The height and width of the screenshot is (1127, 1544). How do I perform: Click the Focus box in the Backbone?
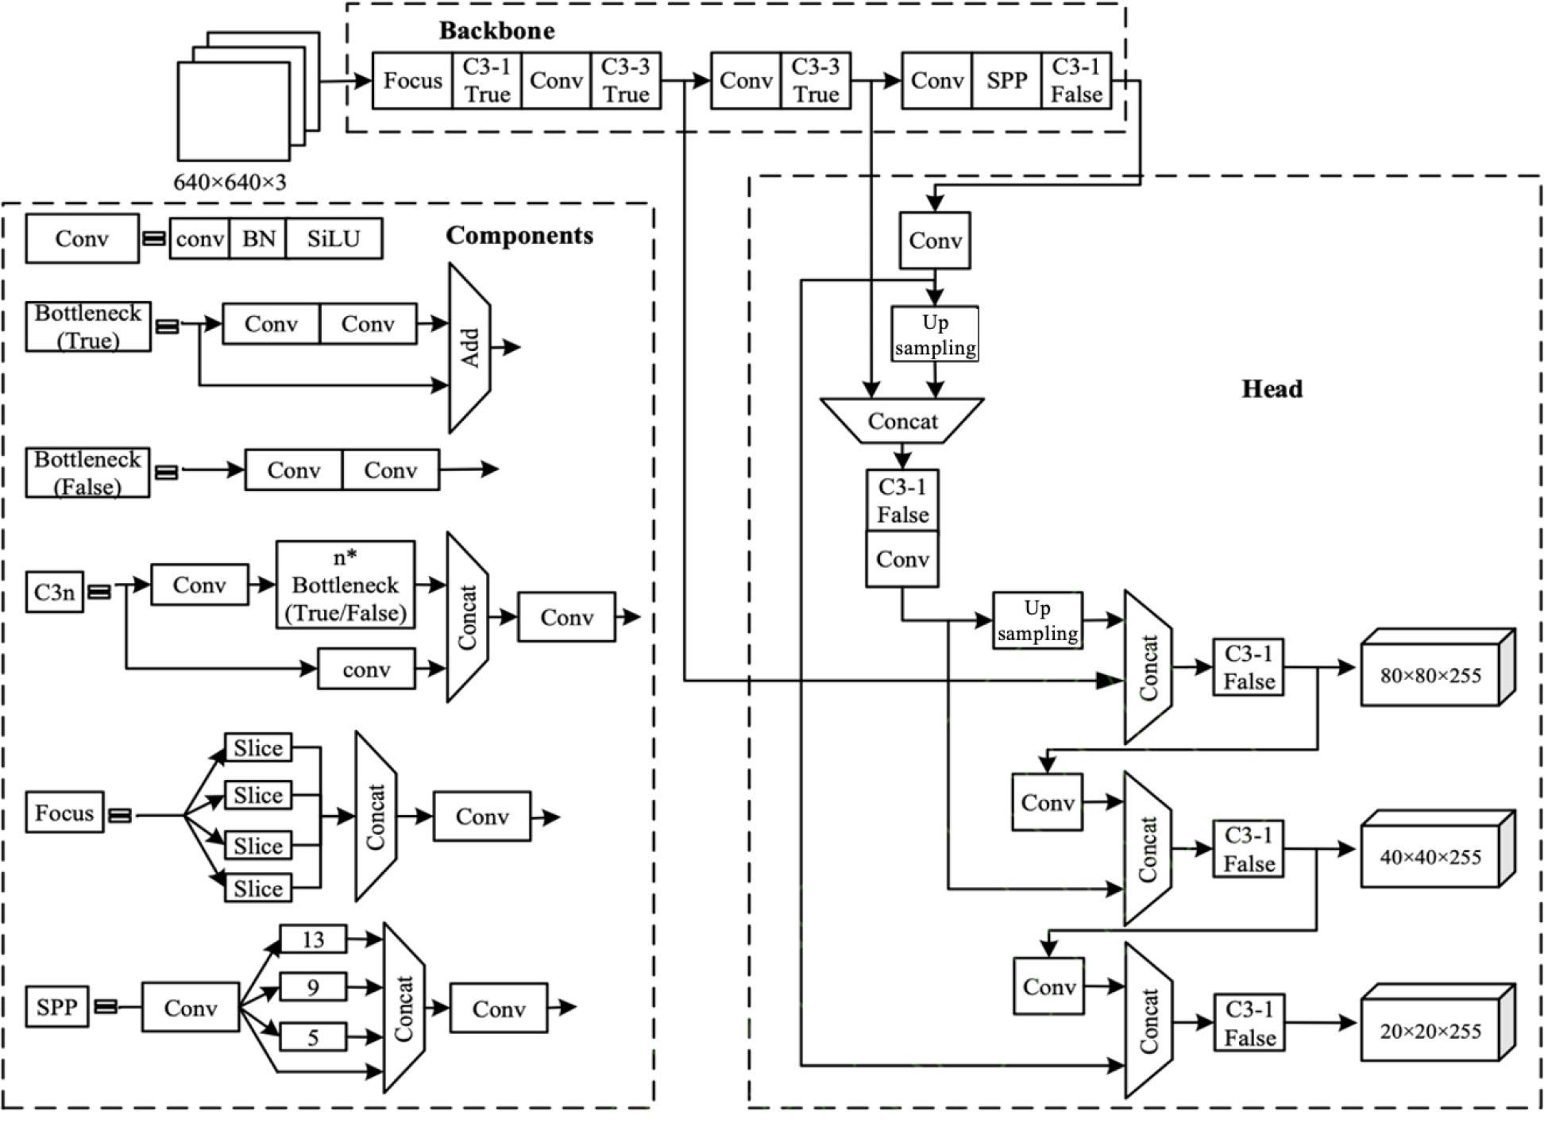click(x=412, y=80)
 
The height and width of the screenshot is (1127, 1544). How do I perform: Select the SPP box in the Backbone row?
click(x=1006, y=80)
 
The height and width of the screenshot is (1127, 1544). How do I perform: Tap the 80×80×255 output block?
click(x=1430, y=676)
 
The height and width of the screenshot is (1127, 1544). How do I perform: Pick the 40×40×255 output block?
click(x=1430, y=857)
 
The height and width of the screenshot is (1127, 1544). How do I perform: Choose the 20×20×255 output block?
click(x=1430, y=1031)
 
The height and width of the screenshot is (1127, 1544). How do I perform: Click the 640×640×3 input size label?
click(x=230, y=182)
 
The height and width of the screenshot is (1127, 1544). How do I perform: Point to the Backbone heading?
click(x=497, y=31)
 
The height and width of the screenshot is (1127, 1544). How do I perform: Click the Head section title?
click(x=1272, y=388)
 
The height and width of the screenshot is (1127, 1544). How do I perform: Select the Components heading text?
click(x=519, y=235)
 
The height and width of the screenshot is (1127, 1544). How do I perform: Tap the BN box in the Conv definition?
click(x=258, y=238)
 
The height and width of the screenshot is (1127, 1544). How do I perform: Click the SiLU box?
click(x=334, y=238)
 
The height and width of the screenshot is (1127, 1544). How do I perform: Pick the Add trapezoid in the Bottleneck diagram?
click(x=469, y=348)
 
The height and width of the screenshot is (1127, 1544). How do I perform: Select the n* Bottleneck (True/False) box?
click(x=345, y=585)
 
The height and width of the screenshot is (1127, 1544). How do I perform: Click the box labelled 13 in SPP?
click(x=313, y=940)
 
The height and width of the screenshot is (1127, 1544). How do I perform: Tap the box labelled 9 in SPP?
click(x=313, y=987)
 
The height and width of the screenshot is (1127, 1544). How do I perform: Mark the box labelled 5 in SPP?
click(x=313, y=1037)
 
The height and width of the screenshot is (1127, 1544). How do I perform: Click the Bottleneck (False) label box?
click(x=87, y=473)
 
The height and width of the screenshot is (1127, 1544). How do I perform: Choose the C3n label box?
click(x=54, y=592)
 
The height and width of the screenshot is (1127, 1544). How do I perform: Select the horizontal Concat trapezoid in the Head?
click(x=902, y=421)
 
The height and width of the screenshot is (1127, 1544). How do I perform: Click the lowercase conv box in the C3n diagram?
click(x=366, y=669)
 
